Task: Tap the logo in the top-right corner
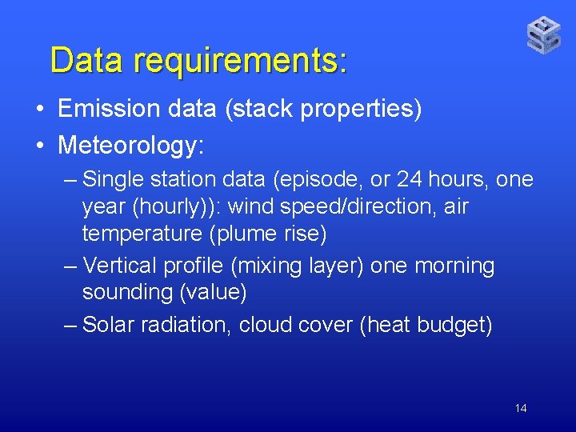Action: point(543,35)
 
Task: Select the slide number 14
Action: point(521,409)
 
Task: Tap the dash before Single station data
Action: point(70,180)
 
